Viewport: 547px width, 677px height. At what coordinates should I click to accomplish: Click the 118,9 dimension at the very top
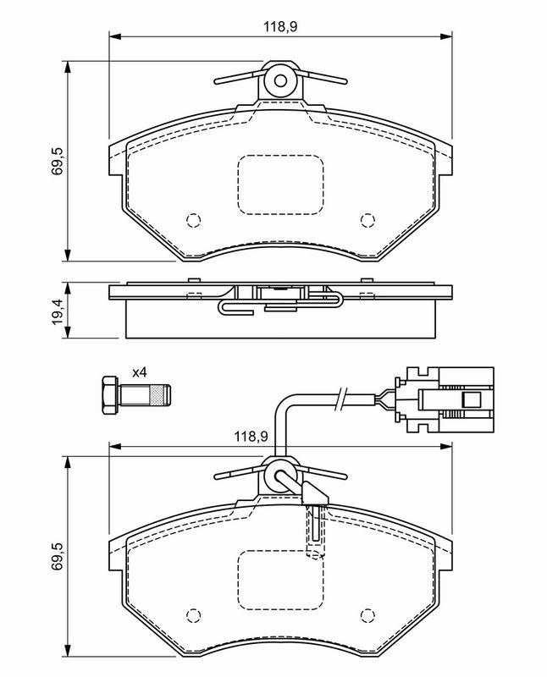point(280,27)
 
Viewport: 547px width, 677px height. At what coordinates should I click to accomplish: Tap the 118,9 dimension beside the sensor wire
point(251,436)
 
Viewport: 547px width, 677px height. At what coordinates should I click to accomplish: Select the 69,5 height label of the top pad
point(57,161)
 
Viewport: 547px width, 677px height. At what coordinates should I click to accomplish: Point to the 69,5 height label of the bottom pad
point(57,557)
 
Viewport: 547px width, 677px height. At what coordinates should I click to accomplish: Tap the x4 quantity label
point(139,372)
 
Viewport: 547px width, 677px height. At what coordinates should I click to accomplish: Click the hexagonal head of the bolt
point(109,395)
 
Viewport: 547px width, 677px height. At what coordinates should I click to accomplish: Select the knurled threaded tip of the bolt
point(159,395)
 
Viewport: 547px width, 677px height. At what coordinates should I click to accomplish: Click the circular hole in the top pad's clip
point(280,80)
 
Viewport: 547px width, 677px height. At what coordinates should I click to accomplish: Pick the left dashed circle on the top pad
point(194,221)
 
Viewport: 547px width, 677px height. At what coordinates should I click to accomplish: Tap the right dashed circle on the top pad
point(367,221)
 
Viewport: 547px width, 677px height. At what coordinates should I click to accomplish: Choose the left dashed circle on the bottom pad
point(194,615)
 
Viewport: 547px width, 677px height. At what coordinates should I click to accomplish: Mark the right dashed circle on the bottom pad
point(367,615)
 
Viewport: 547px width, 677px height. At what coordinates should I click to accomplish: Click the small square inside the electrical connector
point(472,399)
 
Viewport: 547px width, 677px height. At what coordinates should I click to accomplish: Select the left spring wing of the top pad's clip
point(239,78)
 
